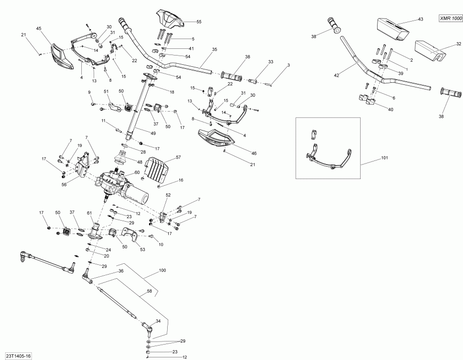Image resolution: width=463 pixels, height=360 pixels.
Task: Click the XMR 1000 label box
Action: (450, 19)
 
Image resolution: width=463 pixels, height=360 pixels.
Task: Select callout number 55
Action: (199, 22)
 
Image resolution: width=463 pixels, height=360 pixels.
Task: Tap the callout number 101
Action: (384, 158)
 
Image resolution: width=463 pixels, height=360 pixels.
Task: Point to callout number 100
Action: (163, 271)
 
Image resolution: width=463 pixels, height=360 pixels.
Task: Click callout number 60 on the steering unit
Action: (137, 172)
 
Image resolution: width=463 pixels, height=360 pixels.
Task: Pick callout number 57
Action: (179, 157)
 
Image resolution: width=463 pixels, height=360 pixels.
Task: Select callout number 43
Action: (420, 20)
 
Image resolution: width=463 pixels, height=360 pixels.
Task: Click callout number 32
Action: (458, 44)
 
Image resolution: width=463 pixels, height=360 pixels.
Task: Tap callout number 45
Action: (39, 29)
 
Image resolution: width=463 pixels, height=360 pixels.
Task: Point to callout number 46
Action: (254, 153)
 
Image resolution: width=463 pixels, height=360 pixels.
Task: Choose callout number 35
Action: (215, 49)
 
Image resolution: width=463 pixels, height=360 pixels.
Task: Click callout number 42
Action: (336, 76)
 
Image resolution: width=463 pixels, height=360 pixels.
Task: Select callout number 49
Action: (153, 133)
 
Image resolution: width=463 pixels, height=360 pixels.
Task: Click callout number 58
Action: (149, 291)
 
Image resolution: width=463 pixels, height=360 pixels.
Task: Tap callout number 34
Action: (158, 321)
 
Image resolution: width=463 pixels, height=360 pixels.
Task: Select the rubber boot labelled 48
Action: (121, 157)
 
